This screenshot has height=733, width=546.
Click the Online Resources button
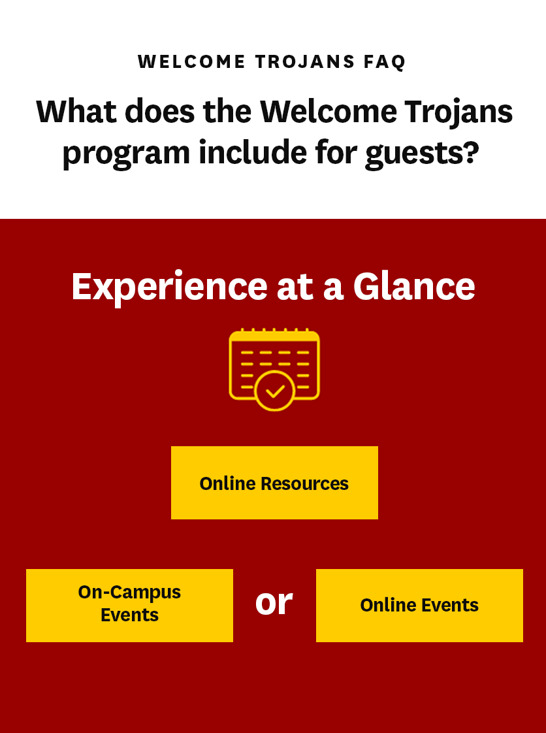pyautogui.click(x=274, y=482)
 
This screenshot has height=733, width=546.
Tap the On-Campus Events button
pyautogui.click(x=129, y=606)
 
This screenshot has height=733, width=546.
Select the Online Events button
pyautogui.click(x=419, y=606)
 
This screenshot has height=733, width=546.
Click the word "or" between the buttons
pyautogui.click(x=274, y=602)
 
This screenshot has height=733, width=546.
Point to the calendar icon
pyautogui.click(x=274, y=369)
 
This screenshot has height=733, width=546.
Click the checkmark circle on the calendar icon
pyautogui.click(x=275, y=391)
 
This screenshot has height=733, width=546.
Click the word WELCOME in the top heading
pyautogui.click(x=191, y=61)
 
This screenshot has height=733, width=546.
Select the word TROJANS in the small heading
pyautogui.click(x=305, y=61)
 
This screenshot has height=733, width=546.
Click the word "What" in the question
pyautogui.click(x=76, y=111)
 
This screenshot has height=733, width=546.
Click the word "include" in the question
pyautogui.click(x=253, y=152)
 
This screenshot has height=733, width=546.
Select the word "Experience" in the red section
pyautogui.click(x=169, y=287)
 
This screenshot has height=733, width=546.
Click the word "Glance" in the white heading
pyautogui.click(x=413, y=286)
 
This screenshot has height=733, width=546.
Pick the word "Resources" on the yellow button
pyautogui.click(x=304, y=483)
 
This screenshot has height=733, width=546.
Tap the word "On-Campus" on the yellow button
pyautogui.click(x=129, y=593)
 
